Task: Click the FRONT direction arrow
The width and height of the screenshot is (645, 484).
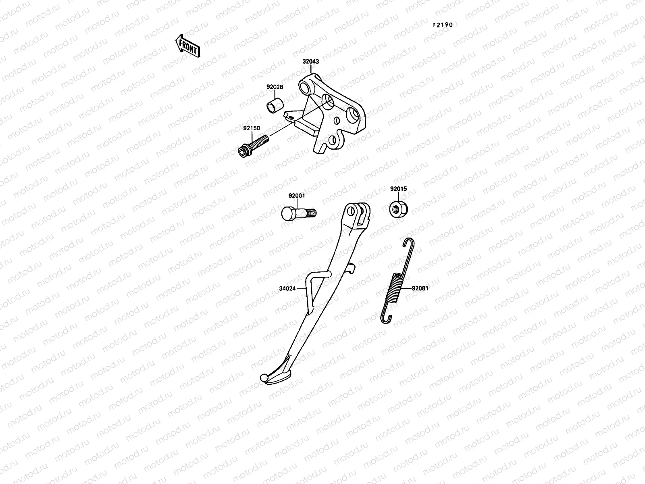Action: [187, 45]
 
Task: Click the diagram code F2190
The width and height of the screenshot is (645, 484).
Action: [443, 25]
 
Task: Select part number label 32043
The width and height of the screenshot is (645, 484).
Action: [311, 62]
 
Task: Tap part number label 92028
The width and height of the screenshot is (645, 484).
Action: [274, 87]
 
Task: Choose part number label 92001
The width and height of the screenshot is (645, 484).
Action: [296, 196]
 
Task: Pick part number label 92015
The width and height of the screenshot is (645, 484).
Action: [398, 188]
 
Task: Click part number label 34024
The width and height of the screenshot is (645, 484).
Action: [287, 289]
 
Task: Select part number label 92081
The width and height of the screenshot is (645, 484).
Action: [420, 289]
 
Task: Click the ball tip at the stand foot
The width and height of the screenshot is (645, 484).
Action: [264, 378]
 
